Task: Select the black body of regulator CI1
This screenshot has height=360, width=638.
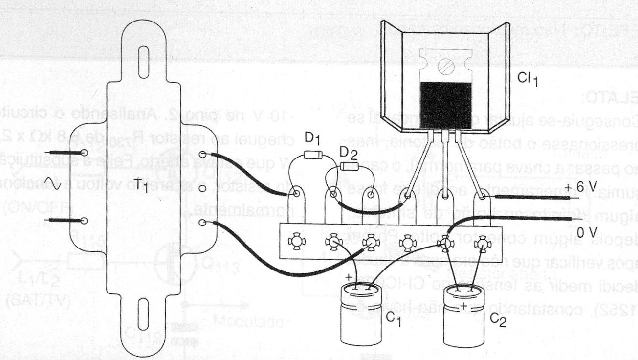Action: (x=445, y=105)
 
